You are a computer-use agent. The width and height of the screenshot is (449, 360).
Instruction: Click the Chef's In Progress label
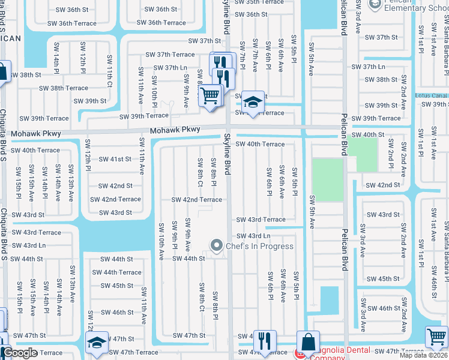coord(260,246)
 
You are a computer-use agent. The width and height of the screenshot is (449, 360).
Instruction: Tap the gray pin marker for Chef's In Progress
coord(216,245)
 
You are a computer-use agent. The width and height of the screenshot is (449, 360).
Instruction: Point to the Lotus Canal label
coord(431,95)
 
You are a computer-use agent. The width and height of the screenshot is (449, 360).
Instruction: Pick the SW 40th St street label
coord(367,135)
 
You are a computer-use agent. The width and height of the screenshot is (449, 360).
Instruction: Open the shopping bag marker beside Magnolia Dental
coord(308,343)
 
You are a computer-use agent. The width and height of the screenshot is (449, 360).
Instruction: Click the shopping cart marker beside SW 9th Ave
coord(210,95)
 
